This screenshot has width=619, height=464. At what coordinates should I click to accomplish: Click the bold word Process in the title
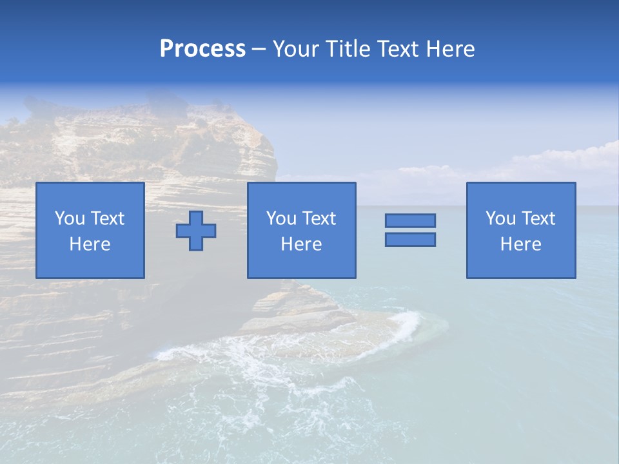point(202,49)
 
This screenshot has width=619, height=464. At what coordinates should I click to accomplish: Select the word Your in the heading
point(297,49)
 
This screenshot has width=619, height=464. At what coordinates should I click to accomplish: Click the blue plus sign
point(196,231)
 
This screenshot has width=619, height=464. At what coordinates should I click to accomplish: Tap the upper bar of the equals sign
point(410,220)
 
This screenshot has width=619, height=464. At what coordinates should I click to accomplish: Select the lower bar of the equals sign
point(410,239)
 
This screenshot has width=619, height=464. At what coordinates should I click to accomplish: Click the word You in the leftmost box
point(70,218)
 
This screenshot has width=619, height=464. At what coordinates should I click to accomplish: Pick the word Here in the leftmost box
point(90,244)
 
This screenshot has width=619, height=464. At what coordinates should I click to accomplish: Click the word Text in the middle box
point(319,218)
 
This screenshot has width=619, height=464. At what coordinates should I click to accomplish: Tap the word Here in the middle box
point(301,244)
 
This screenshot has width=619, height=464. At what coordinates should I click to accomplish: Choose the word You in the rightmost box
point(500,218)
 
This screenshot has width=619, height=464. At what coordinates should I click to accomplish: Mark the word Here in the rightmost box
point(520,244)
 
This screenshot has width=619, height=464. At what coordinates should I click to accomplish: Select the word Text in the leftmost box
point(108,218)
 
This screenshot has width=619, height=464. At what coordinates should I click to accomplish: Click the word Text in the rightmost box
point(538,218)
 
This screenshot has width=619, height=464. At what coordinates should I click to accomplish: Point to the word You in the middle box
point(281,218)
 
